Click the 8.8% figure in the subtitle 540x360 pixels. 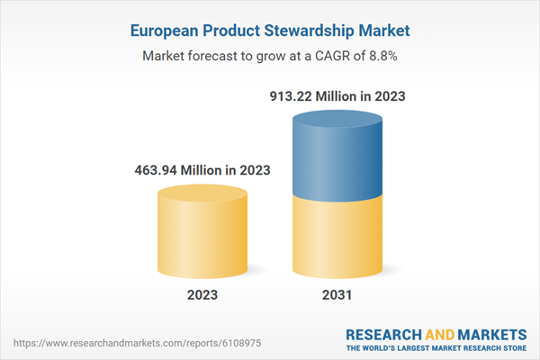tap(378, 55)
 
